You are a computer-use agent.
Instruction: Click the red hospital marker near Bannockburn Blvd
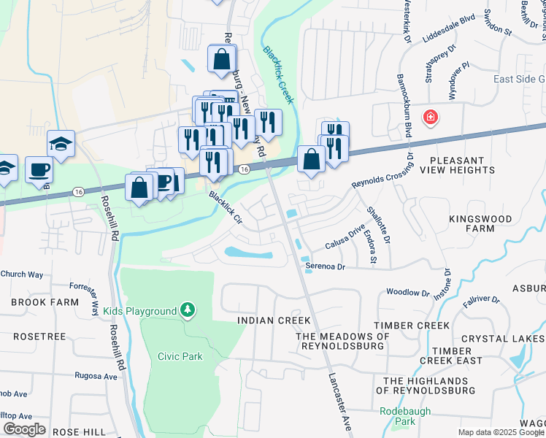tap(431, 117)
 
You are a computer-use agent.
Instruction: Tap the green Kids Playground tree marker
tap(188, 311)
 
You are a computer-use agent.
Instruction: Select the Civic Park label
tap(180, 356)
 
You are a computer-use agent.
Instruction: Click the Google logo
tap(24, 429)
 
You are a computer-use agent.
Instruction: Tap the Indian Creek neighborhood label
tap(274, 320)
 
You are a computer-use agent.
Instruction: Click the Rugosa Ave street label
tap(96, 377)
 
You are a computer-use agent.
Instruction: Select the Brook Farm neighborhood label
tap(34, 301)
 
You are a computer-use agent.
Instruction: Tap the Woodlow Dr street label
tap(408, 292)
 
